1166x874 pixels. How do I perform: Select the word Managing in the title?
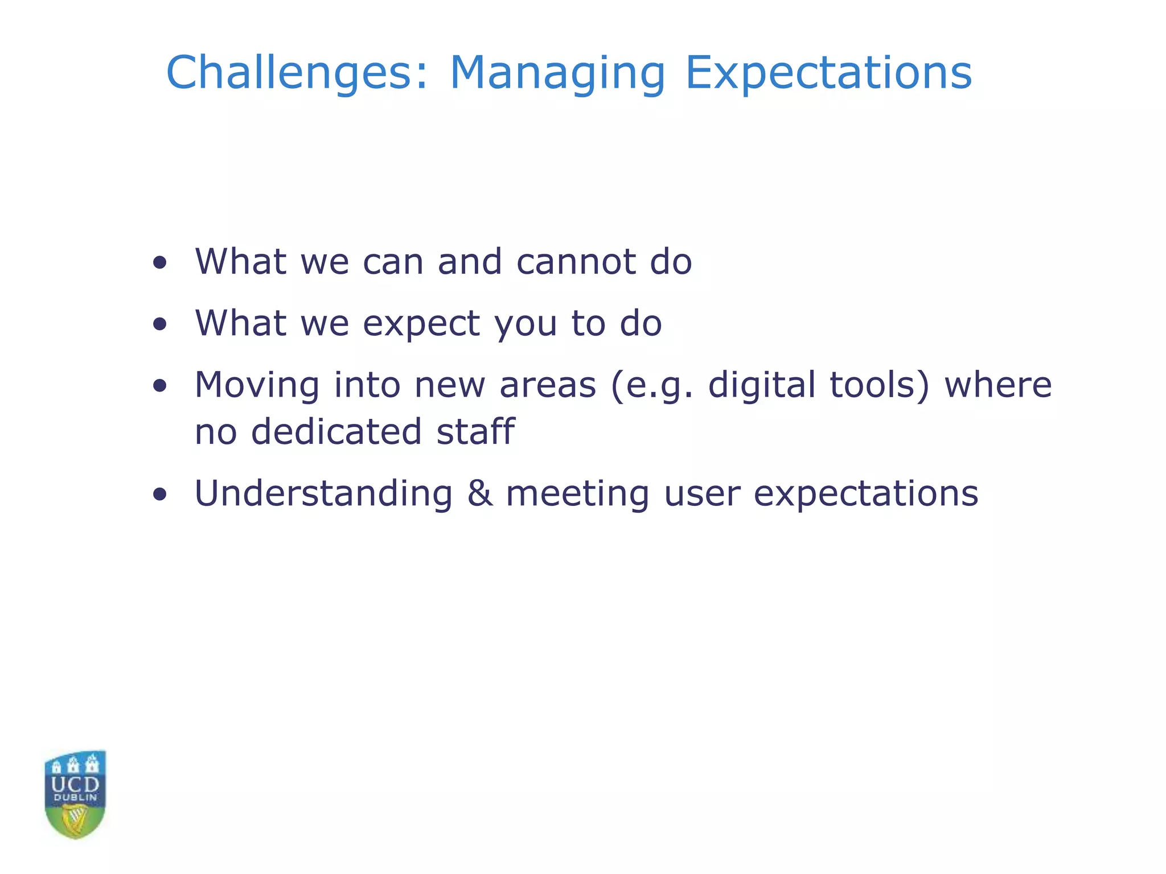(x=557, y=74)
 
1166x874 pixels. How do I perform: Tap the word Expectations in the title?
(x=828, y=74)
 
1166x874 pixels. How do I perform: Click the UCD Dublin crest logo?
(x=75, y=794)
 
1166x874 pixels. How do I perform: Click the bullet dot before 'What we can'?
(x=160, y=263)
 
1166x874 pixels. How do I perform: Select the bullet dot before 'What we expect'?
(x=160, y=324)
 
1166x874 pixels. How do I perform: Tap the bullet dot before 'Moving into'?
(x=160, y=386)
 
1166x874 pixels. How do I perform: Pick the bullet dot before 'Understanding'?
(x=160, y=494)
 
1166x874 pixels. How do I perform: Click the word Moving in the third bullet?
(x=257, y=386)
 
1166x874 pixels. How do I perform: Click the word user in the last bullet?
(x=702, y=494)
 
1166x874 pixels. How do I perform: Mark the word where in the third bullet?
(x=997, y=385)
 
